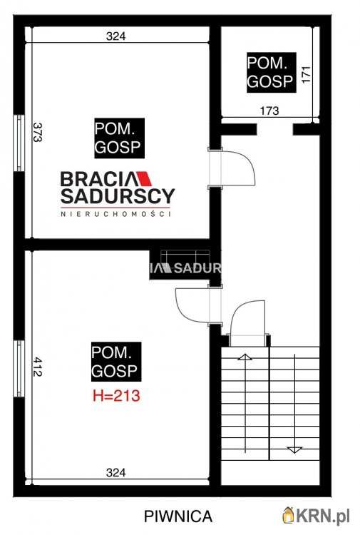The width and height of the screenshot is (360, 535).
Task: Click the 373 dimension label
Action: [38, 132]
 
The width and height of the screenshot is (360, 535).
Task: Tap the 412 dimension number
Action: [38, 367]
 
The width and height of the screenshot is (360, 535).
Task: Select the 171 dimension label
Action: [306, 74]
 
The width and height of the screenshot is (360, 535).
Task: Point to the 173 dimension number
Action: [269, 111]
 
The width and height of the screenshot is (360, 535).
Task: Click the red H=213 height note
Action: [117, 396]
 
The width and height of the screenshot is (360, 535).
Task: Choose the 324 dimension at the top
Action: [116, 36]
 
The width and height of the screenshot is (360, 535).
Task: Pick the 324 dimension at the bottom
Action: [116, 472]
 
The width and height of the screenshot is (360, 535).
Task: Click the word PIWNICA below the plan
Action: [178, 516]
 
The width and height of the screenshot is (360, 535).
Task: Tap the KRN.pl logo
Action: [317, 515]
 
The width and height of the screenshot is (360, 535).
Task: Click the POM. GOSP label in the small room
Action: [272, 72]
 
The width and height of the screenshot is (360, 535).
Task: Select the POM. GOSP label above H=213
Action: [116, 362]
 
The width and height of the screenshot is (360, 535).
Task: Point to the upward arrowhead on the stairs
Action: [245, 357]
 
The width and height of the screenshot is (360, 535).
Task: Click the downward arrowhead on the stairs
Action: [294, 449]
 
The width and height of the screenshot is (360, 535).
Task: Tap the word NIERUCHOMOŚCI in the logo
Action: [115, 214]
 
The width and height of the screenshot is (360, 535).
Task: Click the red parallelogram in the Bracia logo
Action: [144, 178]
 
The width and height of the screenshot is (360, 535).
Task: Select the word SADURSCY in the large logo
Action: [118, 196]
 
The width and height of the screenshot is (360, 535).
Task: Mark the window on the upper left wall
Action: [19, 143]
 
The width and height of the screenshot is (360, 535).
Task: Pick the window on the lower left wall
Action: [19, 369]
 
